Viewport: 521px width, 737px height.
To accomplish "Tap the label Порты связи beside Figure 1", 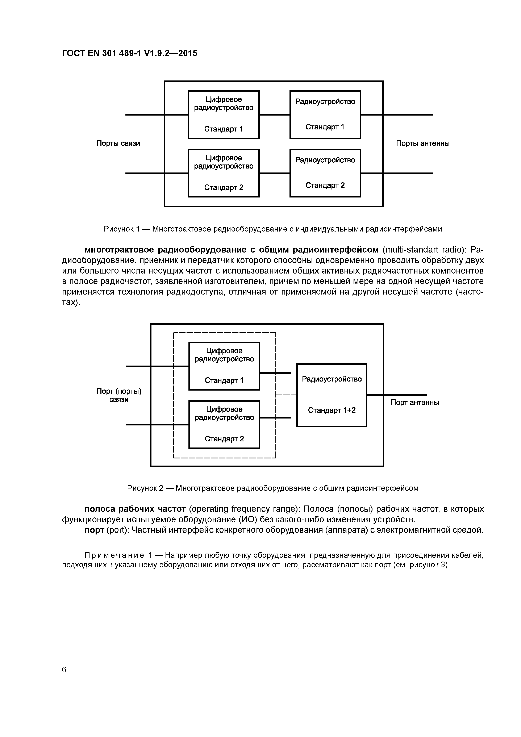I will click(118, 143).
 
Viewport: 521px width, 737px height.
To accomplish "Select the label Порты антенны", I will click(422, 143).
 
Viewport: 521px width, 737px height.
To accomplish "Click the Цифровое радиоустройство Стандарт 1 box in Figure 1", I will click(224, 114).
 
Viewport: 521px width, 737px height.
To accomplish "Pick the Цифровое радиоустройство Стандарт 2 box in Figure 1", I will click(224, 173).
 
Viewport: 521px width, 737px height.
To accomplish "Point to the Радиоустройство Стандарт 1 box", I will click(325, 114).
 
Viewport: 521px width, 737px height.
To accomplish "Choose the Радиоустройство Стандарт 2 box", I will click(325, 173).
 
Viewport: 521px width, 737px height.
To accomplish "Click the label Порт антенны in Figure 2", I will click(414, 403).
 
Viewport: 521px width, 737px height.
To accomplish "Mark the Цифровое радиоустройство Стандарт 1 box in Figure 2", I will click(224, 366).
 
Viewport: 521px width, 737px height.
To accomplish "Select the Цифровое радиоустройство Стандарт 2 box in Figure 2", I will click(224, 425).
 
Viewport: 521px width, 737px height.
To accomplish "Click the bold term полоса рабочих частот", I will click(135, 509).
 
